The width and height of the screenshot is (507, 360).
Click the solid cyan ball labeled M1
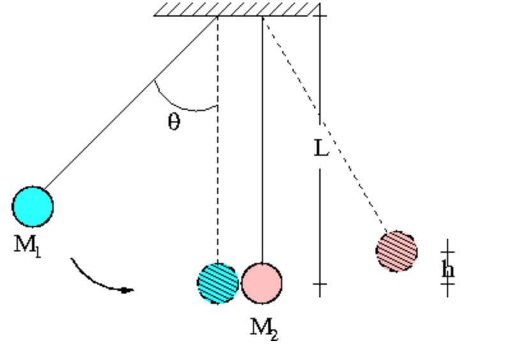click(x=33, y=206)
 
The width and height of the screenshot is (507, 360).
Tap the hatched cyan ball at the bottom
click(x=218, y=283)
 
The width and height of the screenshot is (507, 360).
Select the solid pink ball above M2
click(x=262, y=282)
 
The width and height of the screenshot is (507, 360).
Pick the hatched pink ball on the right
click(x=397, y=251)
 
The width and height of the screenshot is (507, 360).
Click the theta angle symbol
click(x=174, y=121)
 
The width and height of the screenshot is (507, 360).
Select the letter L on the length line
click(x=321, y=149)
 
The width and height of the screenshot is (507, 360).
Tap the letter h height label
click(x=448, y=269)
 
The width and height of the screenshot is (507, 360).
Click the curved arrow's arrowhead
click(x=128, y=290)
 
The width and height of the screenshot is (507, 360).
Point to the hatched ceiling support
click(x=236, y=8)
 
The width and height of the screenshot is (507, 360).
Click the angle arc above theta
click(x=185, y=105)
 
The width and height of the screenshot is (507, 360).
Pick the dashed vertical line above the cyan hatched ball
click(x=218, y=140)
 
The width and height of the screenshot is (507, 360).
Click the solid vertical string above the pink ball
click(x=262, y=140)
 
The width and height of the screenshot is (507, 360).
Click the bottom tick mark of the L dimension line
click(x=320, y=283)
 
